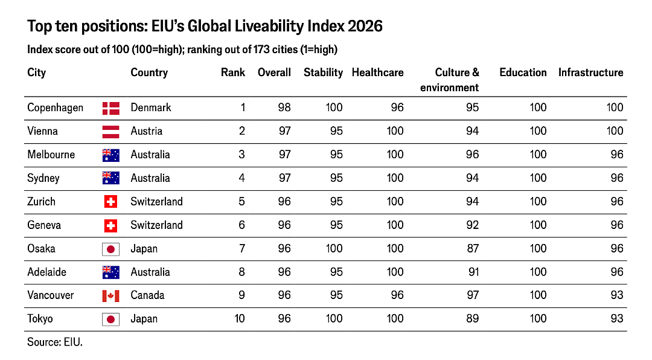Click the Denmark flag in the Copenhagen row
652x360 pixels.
coord(110,108)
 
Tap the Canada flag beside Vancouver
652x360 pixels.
coord(110,296)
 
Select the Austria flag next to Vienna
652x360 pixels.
coord(110,132)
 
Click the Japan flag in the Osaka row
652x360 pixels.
coord(110,249)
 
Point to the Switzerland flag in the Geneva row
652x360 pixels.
coord(110,225)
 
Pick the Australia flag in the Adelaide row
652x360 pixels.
coord(110,272)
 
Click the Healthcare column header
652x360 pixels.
coord(377,72)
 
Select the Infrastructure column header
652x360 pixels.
coord(590,72)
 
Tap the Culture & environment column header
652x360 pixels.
coord(450,80)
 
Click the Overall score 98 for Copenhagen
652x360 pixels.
coord(284,108)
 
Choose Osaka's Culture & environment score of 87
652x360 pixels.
coord(472,248)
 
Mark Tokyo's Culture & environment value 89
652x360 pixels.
coord(472,318)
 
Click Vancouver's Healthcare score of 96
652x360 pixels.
coord(397,295)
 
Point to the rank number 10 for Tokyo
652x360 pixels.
coord(240,318)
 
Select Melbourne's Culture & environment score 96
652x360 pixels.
coord(472,155)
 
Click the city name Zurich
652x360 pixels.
coord(41,201)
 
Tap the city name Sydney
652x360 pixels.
coord(43,179)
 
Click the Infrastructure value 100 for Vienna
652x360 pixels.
coord(615,131)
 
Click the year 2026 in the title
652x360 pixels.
coord(365,26)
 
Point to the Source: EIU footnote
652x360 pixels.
coord(55,342)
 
